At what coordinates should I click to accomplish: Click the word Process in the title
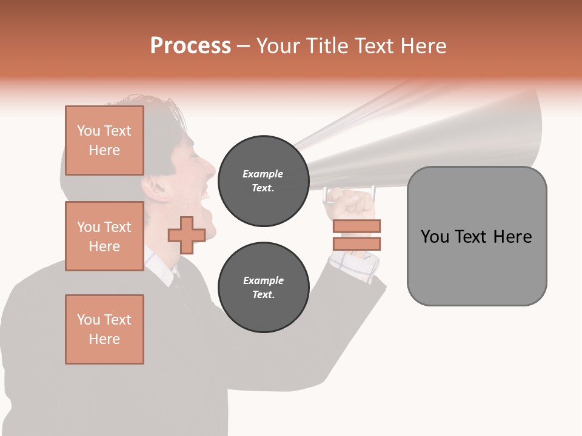[190, 46]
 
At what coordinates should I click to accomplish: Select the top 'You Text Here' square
[104, 140]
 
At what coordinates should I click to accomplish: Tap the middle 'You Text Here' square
[104, 236]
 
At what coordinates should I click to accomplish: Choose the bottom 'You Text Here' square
[104, 329]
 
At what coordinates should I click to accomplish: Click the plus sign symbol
[186, 235]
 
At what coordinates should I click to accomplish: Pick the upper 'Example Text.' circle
[263, 181]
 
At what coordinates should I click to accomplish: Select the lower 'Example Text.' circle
[263, 288]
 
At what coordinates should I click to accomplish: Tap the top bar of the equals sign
[356, 226]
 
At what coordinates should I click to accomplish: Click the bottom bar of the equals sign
[356, 243]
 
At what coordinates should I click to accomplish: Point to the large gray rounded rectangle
[477, 236]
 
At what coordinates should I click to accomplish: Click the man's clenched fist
[348, 203]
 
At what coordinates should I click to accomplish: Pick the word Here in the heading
[423, 46]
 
